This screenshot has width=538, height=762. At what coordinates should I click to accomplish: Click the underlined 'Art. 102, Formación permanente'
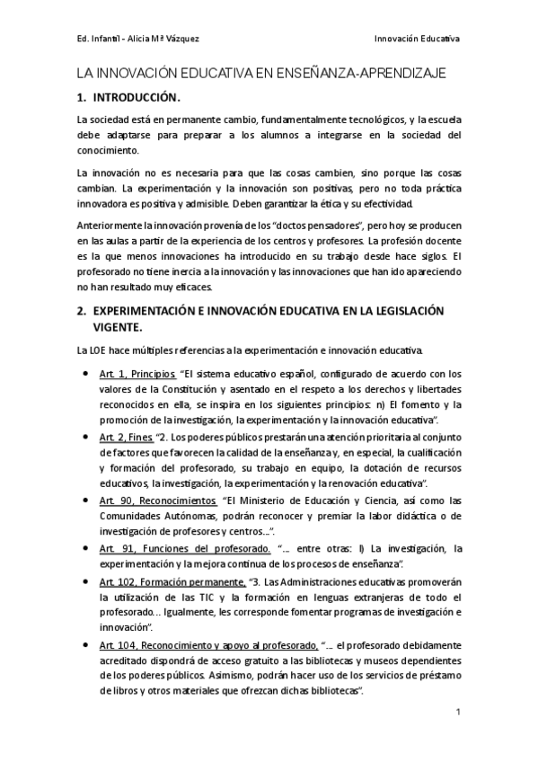click(172, 581)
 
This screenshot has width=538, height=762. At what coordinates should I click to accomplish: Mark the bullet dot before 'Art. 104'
click(84, 644)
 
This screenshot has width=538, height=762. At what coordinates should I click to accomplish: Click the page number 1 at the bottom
click(457, 713)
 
